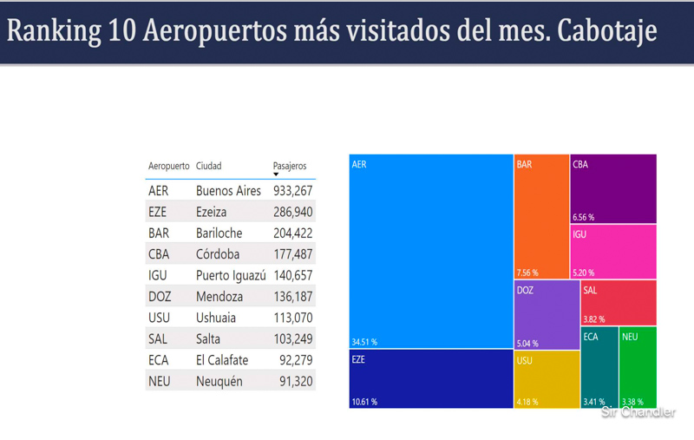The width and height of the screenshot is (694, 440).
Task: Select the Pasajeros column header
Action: click(x=290, y=166)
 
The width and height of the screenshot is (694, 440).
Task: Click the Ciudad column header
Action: click(x=209, y=166)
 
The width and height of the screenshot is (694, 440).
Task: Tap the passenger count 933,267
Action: click(x=292, y=191)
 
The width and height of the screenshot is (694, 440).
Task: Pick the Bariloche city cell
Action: click(x=219, y=233)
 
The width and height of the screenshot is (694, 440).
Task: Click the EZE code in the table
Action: click(x=159, y=212)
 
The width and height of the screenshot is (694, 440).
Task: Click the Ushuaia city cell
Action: click(x=216, y=318)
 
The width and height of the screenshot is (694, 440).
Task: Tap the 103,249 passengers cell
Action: click(x=292, y=338)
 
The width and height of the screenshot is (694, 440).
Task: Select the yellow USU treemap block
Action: click(x=546, y=378)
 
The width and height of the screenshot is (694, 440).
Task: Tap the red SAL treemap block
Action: click(x=618, y=301)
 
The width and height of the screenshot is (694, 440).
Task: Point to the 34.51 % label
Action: click(x=364, y=342)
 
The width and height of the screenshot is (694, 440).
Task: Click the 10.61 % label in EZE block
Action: click(x=364, y=402)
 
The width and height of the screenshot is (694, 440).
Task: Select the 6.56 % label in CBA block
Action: click(x=584, y=217)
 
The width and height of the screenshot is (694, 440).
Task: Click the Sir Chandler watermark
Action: click(x=638, y=412)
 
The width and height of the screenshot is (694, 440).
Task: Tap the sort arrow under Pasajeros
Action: click(x=276, y=174)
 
